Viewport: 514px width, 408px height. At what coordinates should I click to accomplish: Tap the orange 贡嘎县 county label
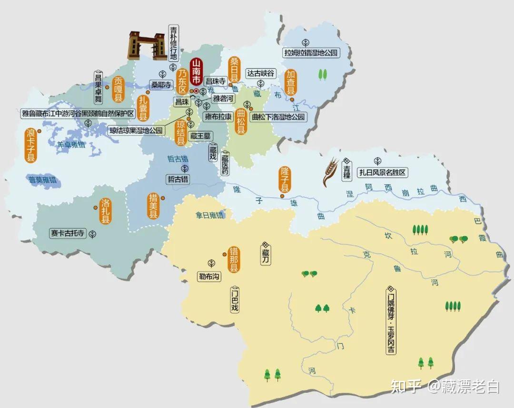118,90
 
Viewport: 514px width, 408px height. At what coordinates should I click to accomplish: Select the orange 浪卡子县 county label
31,145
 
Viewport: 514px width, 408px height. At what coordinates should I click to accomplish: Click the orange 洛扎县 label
105,211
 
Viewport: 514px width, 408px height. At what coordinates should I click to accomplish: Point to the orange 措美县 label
153,206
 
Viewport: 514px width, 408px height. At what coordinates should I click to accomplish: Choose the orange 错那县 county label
234,259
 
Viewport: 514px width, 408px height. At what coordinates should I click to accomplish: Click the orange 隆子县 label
285,179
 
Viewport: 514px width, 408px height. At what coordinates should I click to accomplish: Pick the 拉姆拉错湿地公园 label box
310,53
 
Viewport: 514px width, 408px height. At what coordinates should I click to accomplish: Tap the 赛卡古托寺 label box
68,233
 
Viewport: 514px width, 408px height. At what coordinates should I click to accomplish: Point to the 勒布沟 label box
210,276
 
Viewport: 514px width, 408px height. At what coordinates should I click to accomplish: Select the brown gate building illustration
146,45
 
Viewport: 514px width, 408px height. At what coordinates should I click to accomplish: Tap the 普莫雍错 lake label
42,180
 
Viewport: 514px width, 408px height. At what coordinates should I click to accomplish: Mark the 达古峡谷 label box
261,73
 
